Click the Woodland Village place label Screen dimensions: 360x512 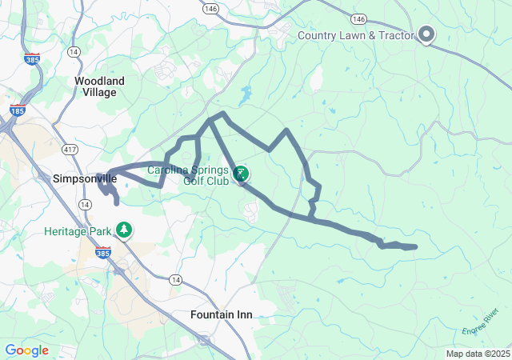pos(99,86)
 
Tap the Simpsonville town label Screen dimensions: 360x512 pos(85,178)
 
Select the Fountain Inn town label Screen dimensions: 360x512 pos(221,314)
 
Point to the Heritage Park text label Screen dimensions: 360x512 pos(78,231)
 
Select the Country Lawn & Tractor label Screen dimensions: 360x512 pos(355,35)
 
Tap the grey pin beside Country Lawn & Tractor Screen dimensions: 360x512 pos(426,34)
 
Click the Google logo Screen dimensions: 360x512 pos(26,350)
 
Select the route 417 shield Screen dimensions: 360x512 pos(70,149)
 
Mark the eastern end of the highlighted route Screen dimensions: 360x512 pos(415,247)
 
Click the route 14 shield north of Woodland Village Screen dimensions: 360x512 pos(74,51)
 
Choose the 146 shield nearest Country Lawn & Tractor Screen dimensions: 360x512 pos(358,18)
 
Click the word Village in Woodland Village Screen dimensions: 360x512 pos(99,92)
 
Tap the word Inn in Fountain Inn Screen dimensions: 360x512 pos(243,314)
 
